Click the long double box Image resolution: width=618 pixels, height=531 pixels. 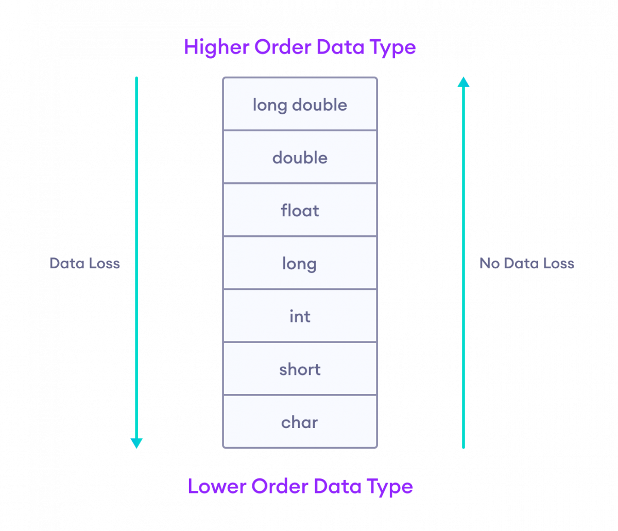coord(300,105)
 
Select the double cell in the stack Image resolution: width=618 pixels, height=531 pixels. coord(300,158)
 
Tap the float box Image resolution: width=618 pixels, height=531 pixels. coord(300,211)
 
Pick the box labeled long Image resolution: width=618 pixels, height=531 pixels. coord(300,264)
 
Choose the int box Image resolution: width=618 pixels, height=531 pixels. coord(300,316)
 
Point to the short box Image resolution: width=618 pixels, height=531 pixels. coord(300,369)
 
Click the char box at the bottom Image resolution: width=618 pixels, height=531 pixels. coord(300,422)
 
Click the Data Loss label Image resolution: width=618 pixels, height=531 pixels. coord(85,264)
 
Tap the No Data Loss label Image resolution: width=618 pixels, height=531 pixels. coord(526,264)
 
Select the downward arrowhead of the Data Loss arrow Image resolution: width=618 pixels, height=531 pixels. coord(136,443)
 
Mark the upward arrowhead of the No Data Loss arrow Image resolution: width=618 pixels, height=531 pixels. coord(463,82)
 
